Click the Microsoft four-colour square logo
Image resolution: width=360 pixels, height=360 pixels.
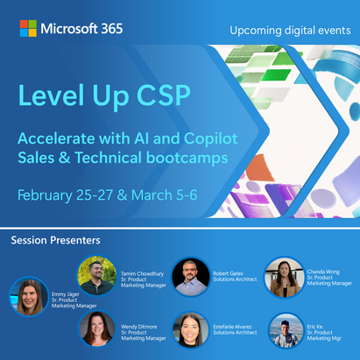pyautogui.click(x=28, y=28)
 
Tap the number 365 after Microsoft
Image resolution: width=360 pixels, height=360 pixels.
pyautogui.click(x=112, y=29)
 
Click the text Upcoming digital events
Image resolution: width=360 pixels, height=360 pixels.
pyautogui.click(x=290, y=31)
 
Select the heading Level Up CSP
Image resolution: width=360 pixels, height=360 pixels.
pyautogui.click(x=104, y=95)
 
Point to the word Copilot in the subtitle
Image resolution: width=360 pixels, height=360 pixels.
pyautogui.click(x=211, y=138)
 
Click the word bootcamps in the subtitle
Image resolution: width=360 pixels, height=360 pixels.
pyautogui.click(x=187, y=158)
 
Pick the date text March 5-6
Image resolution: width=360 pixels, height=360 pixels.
pyautogui.click(x=165, y=195)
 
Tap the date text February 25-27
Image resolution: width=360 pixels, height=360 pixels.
pyautogui.click(x=65, y=195)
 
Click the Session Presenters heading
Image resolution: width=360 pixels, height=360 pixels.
pyautogui.click(x=55, y=240)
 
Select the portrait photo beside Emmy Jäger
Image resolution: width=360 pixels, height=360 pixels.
pyautogui.click(x=29, y=297)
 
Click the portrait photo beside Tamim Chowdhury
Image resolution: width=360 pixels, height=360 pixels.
pyautogui.click(x=96, y=276)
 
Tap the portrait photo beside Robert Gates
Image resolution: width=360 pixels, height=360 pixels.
pyautogui.click(x=191, y=277)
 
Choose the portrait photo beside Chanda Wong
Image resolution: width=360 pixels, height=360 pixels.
pyautogui.click(x=285, y=278)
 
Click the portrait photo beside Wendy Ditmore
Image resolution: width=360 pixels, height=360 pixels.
pyautogui.click(x=97, y=329)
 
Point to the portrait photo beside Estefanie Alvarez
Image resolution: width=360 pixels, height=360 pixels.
pyautogui.click(x=190, y=330)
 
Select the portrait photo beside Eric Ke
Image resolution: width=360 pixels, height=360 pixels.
pyautogui.click(x=286, y=331)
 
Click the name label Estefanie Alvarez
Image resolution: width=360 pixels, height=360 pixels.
pyautogui.click(x=232, y=327)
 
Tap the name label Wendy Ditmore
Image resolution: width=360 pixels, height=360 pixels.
pyautogui.click(x=139, y=327)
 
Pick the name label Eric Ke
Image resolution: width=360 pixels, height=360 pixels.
pyautogui.click(x=314, y=327)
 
